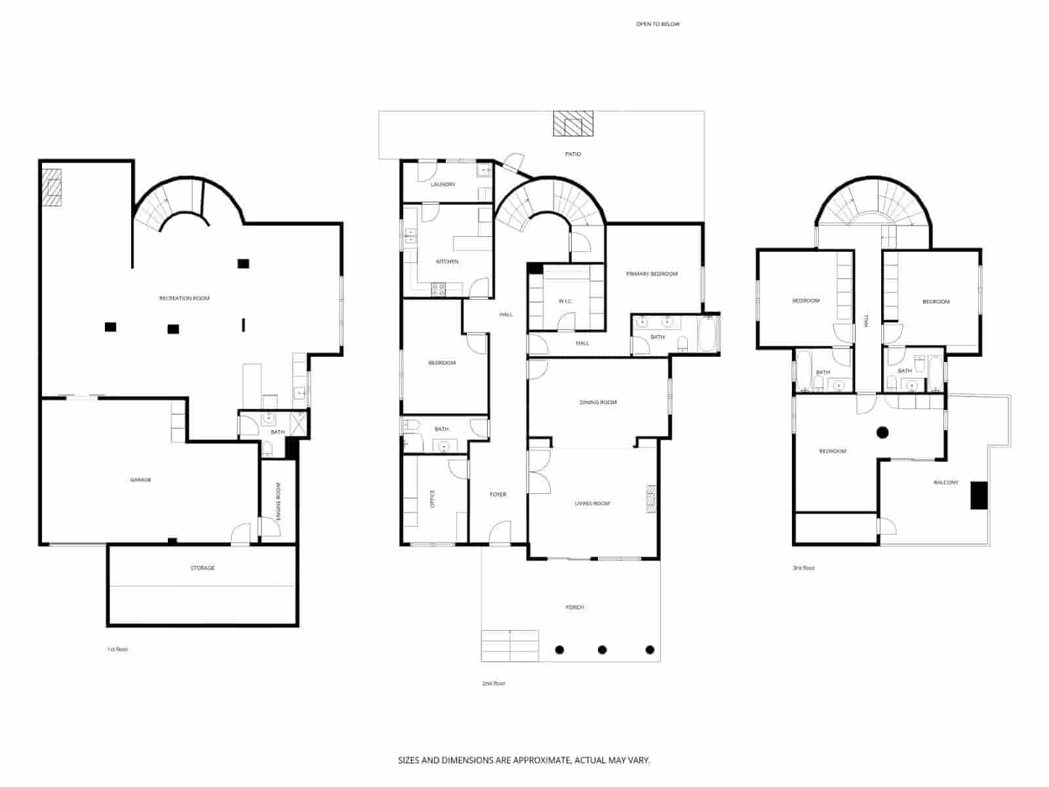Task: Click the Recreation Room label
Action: click(184, 298)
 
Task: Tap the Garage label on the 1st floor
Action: click(140, 480)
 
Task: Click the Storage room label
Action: click(203, 568)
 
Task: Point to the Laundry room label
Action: click(443, 185)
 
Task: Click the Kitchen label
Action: click(447, 262)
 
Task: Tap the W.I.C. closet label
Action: click(565, 301)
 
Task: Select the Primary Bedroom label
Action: click(652, 274)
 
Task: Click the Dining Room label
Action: click(598, 403)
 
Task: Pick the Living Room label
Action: click(592, 504)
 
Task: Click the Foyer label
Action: click(498, 494)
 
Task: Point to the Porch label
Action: click(574, 607)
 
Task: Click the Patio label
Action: click(573, 154)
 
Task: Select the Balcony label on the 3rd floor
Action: click(945, 483)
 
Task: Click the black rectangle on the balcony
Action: click(979, 495)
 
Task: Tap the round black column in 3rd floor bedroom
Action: click(882, 432)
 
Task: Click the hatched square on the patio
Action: click(573, 123)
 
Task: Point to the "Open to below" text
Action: click(658, 24)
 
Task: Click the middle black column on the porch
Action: click(602, 650)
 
